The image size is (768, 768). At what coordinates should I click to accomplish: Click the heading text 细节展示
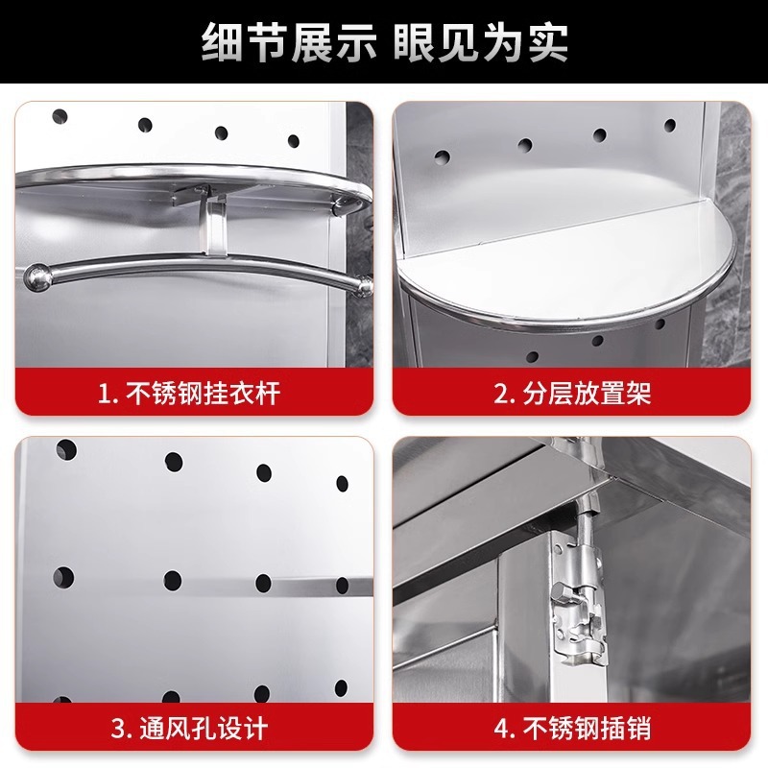pos(289,42)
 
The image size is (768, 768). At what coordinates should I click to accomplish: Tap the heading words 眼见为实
pos(481,42)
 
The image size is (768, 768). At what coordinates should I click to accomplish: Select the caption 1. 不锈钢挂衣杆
pos(189,393)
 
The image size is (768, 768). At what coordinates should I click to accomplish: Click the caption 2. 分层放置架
pos(572,393)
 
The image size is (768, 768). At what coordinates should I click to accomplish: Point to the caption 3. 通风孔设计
pos(189,729)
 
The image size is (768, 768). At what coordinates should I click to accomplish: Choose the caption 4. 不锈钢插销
pos(572,729)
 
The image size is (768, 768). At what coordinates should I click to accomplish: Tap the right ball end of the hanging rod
pos(365,286)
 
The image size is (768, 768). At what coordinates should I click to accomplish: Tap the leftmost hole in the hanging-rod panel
pos(60,116)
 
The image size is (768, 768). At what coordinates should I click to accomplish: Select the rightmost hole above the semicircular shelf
pos(669,126)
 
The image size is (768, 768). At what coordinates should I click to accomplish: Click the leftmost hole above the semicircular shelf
pos(442,157)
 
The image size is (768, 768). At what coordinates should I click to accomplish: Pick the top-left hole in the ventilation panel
pos(66,449)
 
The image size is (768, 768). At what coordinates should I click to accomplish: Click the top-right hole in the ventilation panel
pos(343,484)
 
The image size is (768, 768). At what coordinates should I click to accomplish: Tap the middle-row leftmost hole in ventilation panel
pos(63,578)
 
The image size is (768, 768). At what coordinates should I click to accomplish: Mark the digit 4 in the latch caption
pos(501,729)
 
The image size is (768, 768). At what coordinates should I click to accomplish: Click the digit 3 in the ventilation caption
pos(118,729)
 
